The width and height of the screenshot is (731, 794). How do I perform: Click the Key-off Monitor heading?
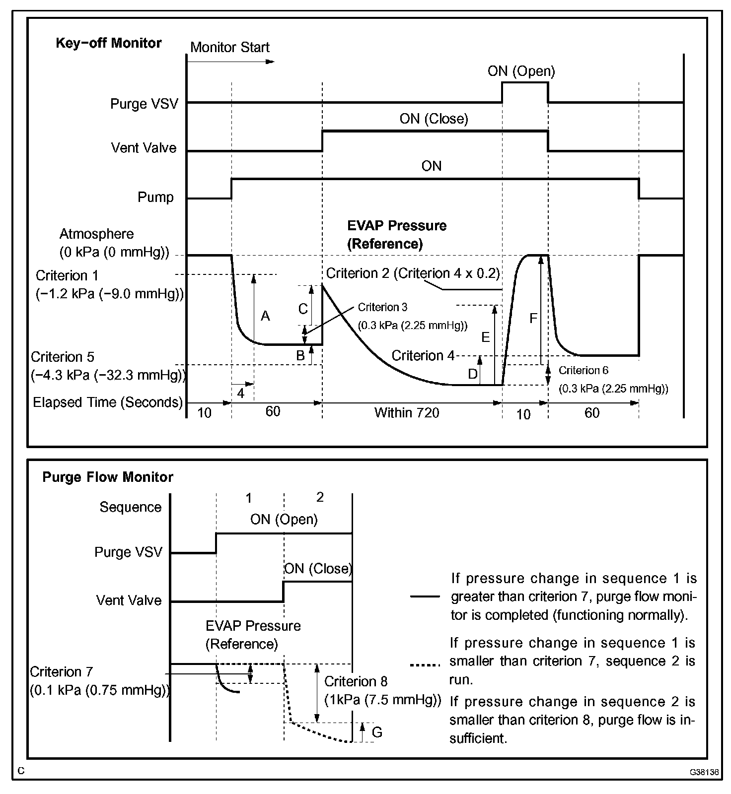tap(108, 43)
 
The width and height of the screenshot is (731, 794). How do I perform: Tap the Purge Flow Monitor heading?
tap(108, 477)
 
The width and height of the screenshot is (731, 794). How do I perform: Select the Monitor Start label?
tap(229, 48)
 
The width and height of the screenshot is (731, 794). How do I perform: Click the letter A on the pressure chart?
tap(265, 316)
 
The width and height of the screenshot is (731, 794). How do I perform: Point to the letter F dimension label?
tap(533, 318)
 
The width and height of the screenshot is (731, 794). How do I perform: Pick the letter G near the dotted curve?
tap(377, 732)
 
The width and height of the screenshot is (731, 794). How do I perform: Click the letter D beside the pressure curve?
tap(473, 374)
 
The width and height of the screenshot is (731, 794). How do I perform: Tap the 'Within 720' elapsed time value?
tap(407, 413)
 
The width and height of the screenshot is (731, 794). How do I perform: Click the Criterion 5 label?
tap(63, 357)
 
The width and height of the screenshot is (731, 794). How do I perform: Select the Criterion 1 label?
tap(68, 276)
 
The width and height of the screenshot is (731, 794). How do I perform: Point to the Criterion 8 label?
tap(356, 682)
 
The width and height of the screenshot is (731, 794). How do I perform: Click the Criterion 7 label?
tap(62, 672)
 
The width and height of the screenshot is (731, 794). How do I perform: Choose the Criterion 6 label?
tap(583, 371)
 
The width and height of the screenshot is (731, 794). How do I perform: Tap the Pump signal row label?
tap(155, 198)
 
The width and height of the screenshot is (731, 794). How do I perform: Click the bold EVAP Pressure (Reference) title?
tap(396, 235)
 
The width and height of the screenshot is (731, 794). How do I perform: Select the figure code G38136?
tap(704, 772)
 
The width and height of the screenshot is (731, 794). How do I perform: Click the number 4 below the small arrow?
tap(241, 394)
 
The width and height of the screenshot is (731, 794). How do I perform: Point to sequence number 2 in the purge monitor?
tap(320, 497)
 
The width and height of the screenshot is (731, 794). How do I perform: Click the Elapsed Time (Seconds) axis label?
tap(108, 402)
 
